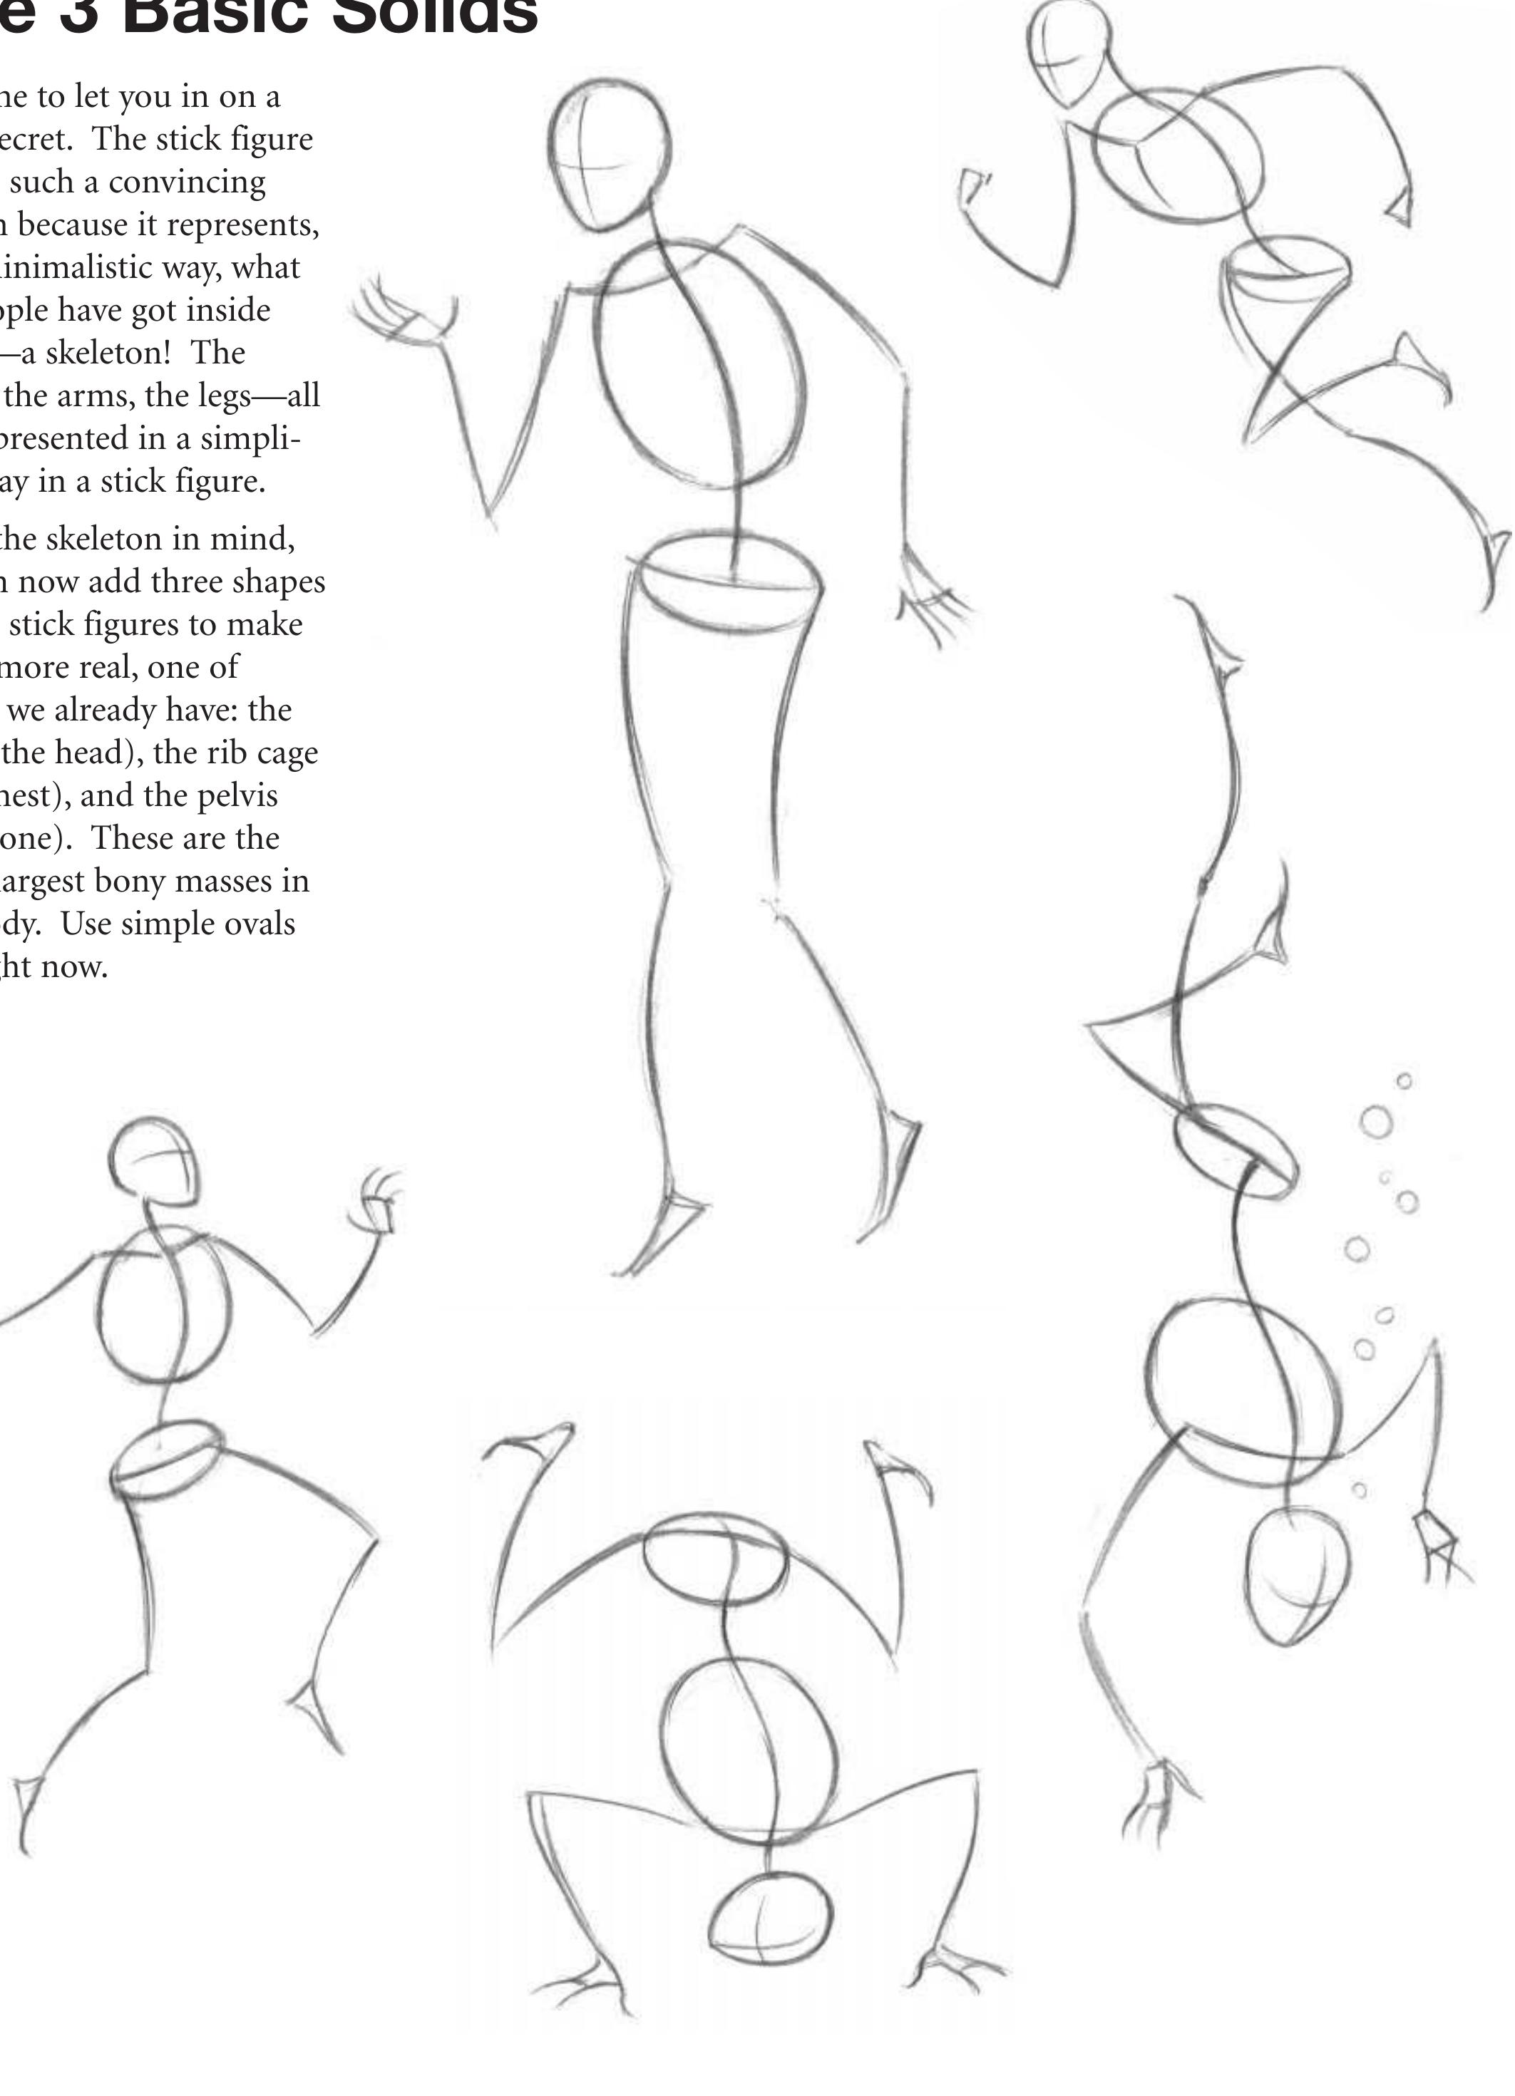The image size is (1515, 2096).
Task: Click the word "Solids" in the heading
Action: tap(434, 16)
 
